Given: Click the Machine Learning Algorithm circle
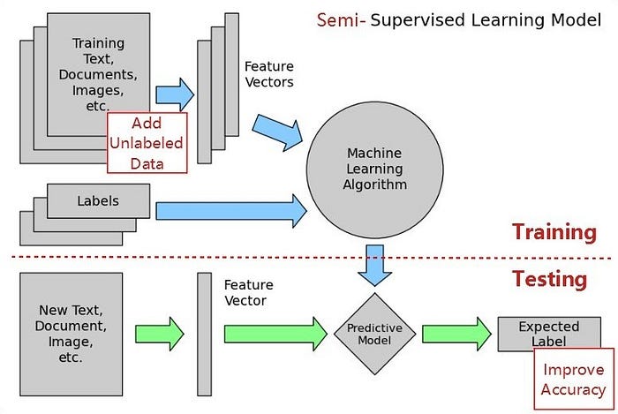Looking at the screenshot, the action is tap(375, 169).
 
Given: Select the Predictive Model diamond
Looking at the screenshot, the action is tap(375, 334).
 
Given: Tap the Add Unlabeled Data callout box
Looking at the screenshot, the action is tap(147, 143).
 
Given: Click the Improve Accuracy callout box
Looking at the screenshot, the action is tap(574, 379).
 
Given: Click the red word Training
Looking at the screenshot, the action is tap(554, 231).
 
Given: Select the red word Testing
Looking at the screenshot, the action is tap(549, 279).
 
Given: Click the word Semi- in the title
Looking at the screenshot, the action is tap(342, 20).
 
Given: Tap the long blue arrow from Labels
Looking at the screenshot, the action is tap(231, 211).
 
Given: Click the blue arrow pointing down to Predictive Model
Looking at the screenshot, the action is tap(375, 265).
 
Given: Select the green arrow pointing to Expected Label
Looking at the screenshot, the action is tap(456, 334).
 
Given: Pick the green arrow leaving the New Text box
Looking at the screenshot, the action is tap(160, 334).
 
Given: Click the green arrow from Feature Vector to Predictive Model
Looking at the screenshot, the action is tap(275, 334).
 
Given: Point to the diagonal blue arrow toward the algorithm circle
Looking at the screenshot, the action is tap(278, 132).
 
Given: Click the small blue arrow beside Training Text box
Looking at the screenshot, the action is tap(175, 95).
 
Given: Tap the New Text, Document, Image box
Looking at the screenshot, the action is tap(72, 334).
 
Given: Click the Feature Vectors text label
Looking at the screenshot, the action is tap(269, 74).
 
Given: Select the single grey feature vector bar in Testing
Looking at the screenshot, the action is tap(204, 334).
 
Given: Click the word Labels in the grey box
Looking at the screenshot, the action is tap(98, 201).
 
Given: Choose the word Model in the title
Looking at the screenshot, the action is tap(577, 20).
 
